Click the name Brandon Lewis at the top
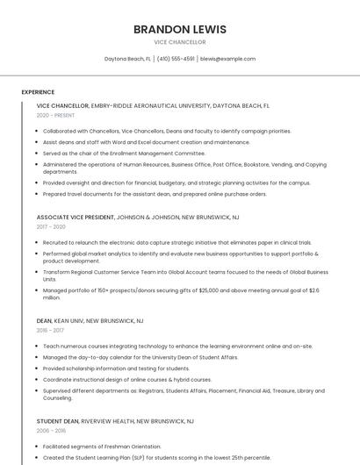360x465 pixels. point(179,29)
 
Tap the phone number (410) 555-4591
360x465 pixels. point(176,59)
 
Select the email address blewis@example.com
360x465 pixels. point(227,59)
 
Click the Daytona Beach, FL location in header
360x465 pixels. point(127,59)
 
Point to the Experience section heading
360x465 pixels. point(38,91)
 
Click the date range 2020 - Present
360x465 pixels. point(55,115)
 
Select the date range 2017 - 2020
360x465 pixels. point(51,226)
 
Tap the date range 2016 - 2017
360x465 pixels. point(50,331)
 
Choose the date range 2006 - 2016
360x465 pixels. point(51,431)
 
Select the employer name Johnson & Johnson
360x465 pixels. point(147,217)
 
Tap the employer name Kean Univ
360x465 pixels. point(70,321)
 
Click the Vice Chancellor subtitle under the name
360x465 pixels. point(179,42)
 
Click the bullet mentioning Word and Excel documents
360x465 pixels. point(146,141)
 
